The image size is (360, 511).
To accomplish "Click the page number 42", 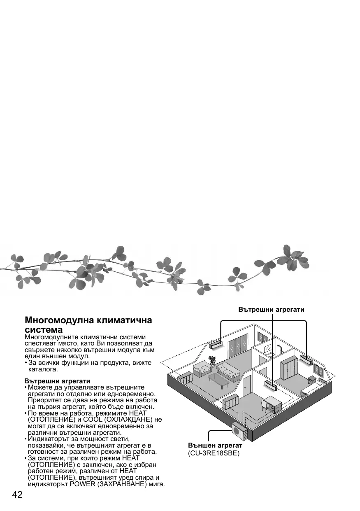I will [x=17, y=495].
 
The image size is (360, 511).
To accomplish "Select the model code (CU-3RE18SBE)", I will [x=214, y=453].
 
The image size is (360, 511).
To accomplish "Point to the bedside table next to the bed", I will [x=312, y=379].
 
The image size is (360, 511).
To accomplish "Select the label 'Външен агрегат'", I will [x=215, y=446].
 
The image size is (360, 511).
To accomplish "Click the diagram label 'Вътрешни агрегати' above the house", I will [x=272, y=309].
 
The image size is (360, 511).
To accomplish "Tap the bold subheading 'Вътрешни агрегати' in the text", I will [x=57, y=381].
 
